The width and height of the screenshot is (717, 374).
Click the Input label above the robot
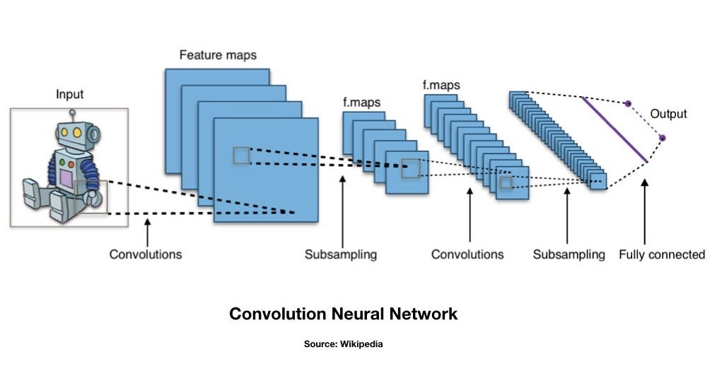click(69, 94)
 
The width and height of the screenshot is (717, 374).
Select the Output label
click(668, 113)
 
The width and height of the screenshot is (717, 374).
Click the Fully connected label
click(661, 254)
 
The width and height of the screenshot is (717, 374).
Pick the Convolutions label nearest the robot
click(145, 254)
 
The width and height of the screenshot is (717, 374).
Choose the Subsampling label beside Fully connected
click(569, 254)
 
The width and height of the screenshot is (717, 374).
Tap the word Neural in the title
click(352, 313)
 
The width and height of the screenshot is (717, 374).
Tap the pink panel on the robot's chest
click(66, 177)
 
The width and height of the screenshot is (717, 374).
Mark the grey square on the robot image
click(91, 197)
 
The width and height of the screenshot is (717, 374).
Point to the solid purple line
click(614, 129)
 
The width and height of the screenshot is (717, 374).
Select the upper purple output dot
click(627, 104)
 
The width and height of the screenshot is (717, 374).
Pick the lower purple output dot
click(663, 138)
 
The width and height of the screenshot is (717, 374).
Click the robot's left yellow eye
click(65, 132)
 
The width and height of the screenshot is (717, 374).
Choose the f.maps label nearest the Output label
click(441, 86)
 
